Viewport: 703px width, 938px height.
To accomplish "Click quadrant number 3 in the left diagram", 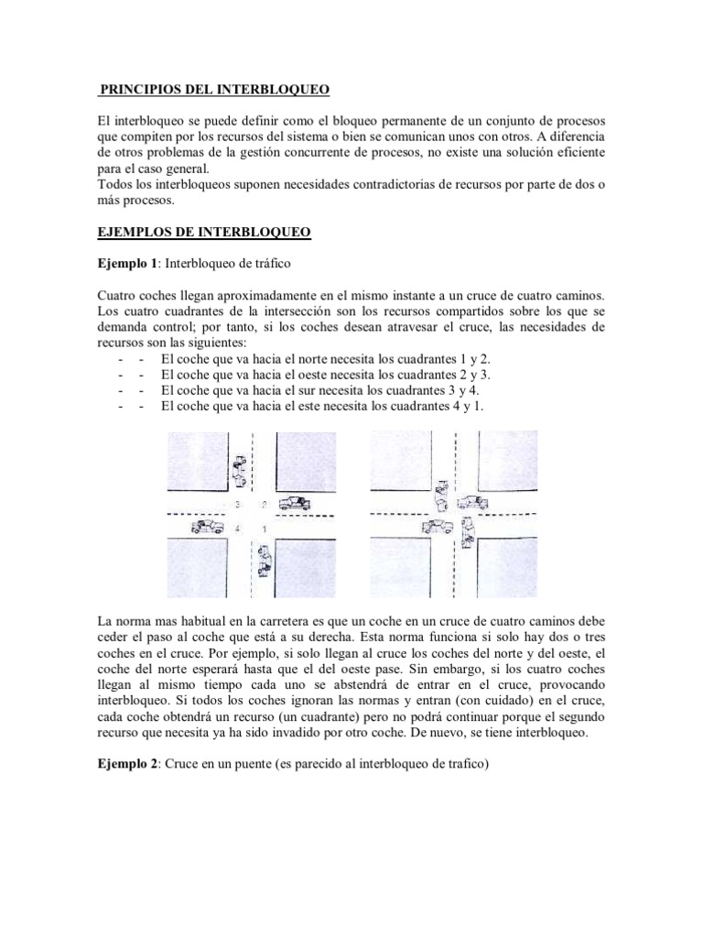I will [237, 505].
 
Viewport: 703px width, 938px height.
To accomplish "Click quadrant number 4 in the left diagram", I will [237, 529].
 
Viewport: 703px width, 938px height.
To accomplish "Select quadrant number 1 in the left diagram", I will [264, 529].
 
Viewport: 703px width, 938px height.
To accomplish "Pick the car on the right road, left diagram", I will [294, 503].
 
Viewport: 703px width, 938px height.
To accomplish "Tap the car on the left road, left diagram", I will [207, 527].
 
